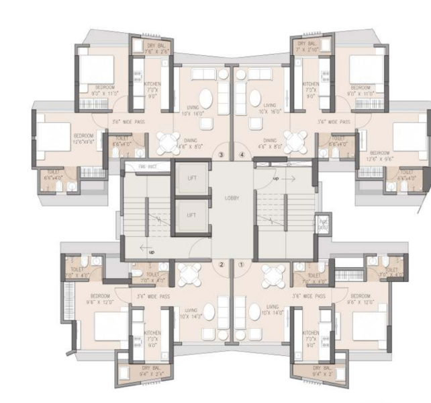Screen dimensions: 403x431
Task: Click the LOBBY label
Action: (232, 198)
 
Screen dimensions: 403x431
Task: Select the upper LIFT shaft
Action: (191, 179)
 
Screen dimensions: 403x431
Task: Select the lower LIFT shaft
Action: (191, 215)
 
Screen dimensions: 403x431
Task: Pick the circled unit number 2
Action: (222, 264)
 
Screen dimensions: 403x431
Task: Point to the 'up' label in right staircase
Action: (276, 179)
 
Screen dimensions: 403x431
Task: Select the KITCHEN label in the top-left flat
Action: (153, 89)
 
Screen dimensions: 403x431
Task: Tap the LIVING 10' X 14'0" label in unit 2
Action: (190, 314)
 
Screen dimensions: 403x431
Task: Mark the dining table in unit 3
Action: (168, 141)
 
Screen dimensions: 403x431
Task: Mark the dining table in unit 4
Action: (294, 141)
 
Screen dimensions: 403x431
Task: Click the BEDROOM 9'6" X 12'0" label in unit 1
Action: (360, 299)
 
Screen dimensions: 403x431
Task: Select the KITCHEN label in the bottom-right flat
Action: (311, 336)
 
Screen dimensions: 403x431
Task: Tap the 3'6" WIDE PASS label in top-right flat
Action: (334, 122)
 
